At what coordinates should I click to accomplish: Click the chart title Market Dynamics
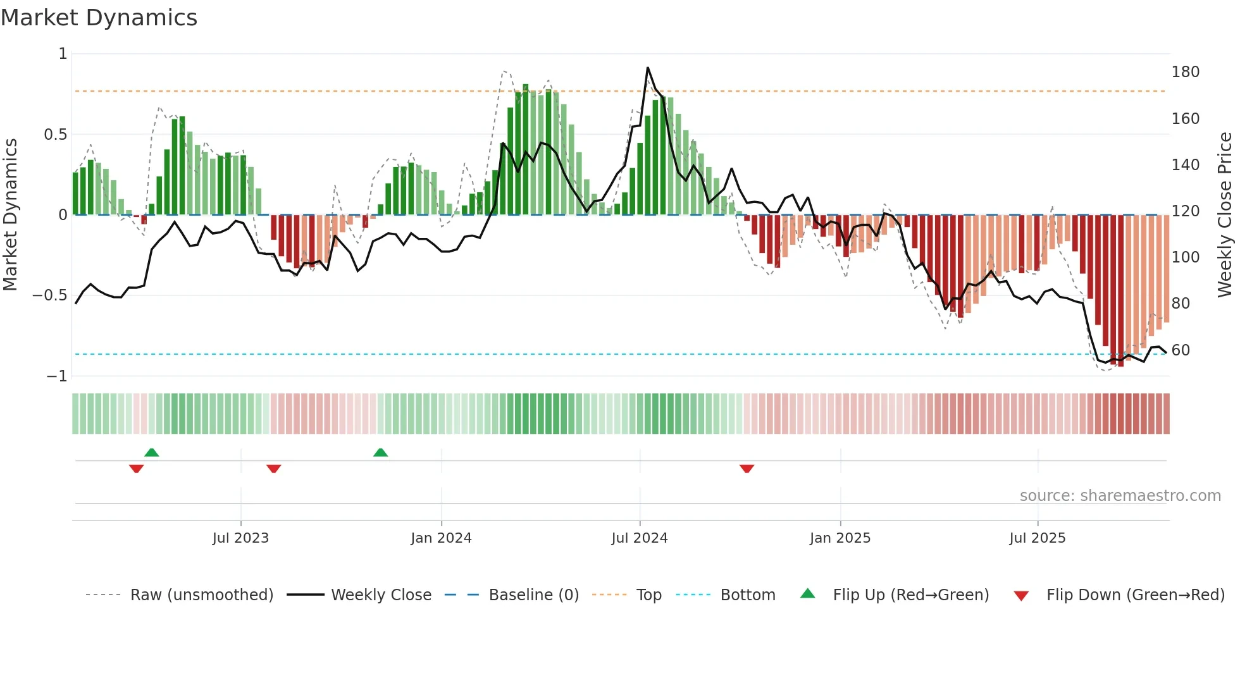[x=99, y=18]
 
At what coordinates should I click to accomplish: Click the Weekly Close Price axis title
[x=1225, y=214]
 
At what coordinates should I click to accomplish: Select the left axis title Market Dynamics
[x=10, y=214]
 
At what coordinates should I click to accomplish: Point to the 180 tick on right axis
[x=1185, y=72]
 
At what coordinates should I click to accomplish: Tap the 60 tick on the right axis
[x=1181, y=350]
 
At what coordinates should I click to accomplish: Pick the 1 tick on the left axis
[x=63, y=54]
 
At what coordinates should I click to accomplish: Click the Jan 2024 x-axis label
[x=441, y=538]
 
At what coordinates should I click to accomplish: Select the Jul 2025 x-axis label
[x=1037, y=538]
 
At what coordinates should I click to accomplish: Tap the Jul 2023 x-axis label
[x=240, y=538]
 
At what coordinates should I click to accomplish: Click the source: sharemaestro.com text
[x=1120, y=496]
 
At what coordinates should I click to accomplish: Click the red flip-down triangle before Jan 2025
[x=747, y=469]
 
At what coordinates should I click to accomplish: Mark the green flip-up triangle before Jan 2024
[x=380, y=452]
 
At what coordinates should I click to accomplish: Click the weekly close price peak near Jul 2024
[x=647, y=68]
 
